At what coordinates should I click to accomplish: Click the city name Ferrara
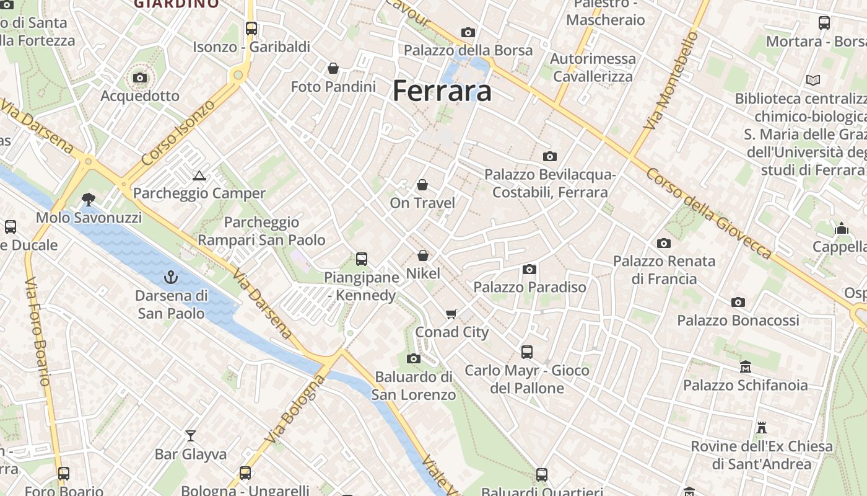pos(442,91)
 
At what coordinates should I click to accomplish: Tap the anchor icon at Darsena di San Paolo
pos(170,277)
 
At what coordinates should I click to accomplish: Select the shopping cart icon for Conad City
pos(451,314)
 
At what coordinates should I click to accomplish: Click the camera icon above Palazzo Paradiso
pos(529,269)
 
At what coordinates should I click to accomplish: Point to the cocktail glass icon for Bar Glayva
pos(190,436)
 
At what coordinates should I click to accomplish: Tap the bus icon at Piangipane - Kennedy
pos(362,259)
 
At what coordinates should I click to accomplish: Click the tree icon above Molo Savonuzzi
pos(89,200)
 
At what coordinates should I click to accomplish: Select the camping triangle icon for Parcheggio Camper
pos(199,176)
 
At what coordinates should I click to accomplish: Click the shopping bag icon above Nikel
pos(423,255)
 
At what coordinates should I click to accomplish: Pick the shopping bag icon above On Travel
pos(422,185)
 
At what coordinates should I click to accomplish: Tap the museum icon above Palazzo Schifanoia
pos(745,367)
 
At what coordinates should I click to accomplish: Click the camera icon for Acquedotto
pos(140,78)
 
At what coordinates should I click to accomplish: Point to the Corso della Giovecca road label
pos(709,213)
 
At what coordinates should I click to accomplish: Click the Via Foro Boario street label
pos(38,332)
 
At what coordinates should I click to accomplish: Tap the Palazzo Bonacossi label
pos(738,321)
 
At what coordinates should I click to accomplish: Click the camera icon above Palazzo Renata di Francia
pos(664,243)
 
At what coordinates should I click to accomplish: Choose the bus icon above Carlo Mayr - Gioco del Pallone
pos(527,352)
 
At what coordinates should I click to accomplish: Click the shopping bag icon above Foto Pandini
pos(333,68)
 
